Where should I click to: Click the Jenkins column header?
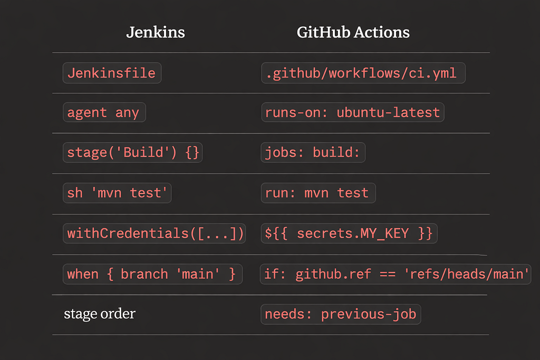[156, 32]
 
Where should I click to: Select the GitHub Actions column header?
[353, 32]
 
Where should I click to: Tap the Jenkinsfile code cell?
[112, 73]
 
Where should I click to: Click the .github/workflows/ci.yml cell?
[363, 73]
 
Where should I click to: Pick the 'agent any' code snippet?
[104, 113]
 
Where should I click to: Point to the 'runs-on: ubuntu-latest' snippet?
[353, 113]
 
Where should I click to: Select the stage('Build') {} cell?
[132, 152]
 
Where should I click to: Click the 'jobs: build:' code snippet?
[313, 152]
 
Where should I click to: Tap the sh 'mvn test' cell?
[117, 193]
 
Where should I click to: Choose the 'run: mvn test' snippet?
[318, 193]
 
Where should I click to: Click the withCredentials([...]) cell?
[155, 233]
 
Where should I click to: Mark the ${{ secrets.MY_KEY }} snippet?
[349, 233]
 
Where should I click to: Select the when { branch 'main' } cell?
[152, 274]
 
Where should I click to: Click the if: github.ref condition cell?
[396, 274]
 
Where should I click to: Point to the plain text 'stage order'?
[100, 314]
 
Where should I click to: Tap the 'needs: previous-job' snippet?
[341, 314]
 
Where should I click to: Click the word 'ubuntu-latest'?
[388, 113]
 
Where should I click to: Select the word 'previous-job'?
[369, 315]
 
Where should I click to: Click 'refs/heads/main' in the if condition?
[466, 274]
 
